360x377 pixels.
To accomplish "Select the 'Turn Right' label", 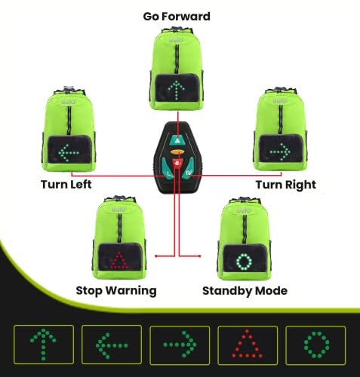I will pos(285,184).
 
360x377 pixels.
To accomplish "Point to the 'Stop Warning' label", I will pos(117,290).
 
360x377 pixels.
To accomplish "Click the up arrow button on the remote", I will pos(177,139).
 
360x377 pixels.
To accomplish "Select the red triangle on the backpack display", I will pos(118,262).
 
